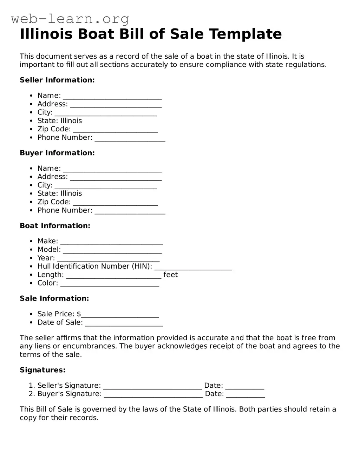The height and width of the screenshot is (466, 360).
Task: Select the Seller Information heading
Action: point(57,80)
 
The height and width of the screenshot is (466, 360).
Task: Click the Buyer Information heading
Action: point(57,153)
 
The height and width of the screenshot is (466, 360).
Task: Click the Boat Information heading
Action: point(55,226)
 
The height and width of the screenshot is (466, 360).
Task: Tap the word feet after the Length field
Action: point(171,275)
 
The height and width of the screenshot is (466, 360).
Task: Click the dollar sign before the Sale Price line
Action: point(79,314)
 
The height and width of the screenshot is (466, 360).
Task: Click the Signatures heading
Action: point(42,370)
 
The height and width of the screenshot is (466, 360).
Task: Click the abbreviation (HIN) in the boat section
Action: point(142,266)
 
